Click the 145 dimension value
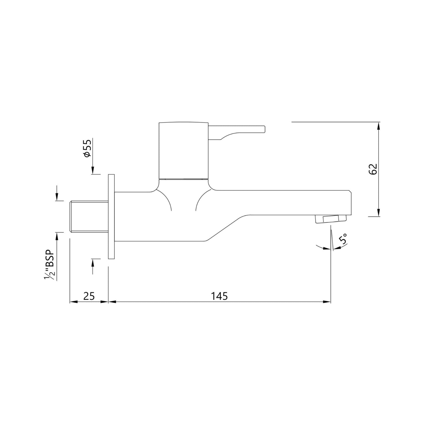click(219, 296)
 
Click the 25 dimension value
click(89, 296)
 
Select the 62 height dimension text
click(373, 169)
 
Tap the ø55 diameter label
click(87, 148)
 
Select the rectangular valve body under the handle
click(184, 150)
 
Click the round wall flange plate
click(111, 216)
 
